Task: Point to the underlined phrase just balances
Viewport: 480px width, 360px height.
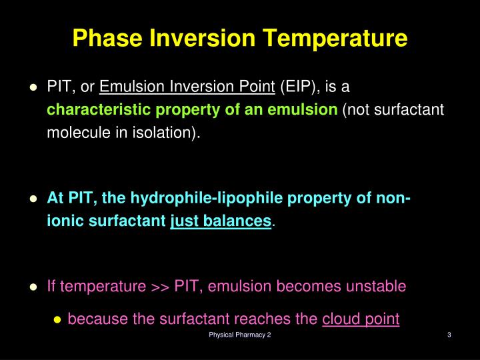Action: [x=221, y=221]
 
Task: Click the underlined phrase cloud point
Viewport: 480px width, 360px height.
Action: [x=361, y=319]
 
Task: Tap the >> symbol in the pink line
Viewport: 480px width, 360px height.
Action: [x=159, y=287]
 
